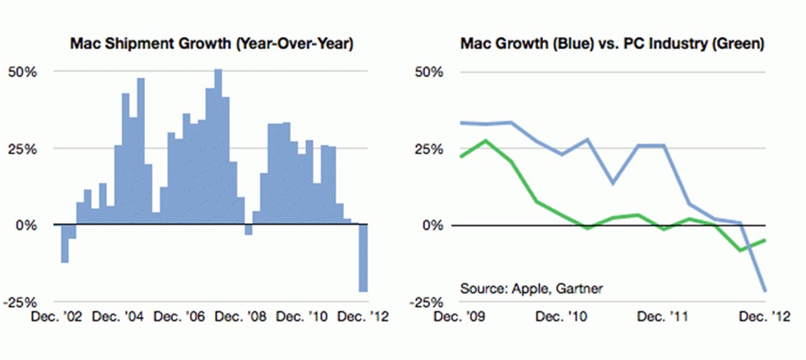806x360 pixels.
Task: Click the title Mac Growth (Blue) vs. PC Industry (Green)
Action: [x=611, y=42]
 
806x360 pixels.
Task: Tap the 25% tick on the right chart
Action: [x=424, y=149]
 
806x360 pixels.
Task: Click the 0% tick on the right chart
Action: [x=431, y=226]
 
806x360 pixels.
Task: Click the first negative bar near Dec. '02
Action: [x=64, y=244]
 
